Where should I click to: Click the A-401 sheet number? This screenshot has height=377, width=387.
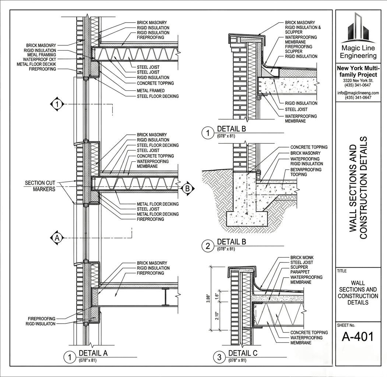click(x=358, y=337)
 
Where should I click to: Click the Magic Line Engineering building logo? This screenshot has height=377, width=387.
click(x=358, y=27)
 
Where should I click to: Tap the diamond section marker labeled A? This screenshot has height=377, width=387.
click(x=57, y=238)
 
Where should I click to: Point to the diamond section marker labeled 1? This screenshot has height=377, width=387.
click(x=57, y=104)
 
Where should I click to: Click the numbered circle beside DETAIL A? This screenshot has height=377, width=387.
click(x=70, y=357)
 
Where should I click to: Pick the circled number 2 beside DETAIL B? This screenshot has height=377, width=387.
click(x=208, y=246)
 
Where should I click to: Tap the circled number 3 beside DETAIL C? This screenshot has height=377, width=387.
click(x=219, y=357)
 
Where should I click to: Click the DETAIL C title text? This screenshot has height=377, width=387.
click(x=243, y=353)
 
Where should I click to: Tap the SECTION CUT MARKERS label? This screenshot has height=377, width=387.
click(x=40, y=186)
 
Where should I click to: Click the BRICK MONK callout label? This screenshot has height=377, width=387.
click(x=302, y=258)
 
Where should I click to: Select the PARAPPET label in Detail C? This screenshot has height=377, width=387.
click(x=300, y=272)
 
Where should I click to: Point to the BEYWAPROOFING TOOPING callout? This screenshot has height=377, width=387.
click(x=306, y=172)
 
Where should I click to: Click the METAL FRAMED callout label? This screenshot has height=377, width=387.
click(x=151, y=91)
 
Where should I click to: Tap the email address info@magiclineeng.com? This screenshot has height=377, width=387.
click(x=358, y=93)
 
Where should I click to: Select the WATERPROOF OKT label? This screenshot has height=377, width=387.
click(x=39, y=60)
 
